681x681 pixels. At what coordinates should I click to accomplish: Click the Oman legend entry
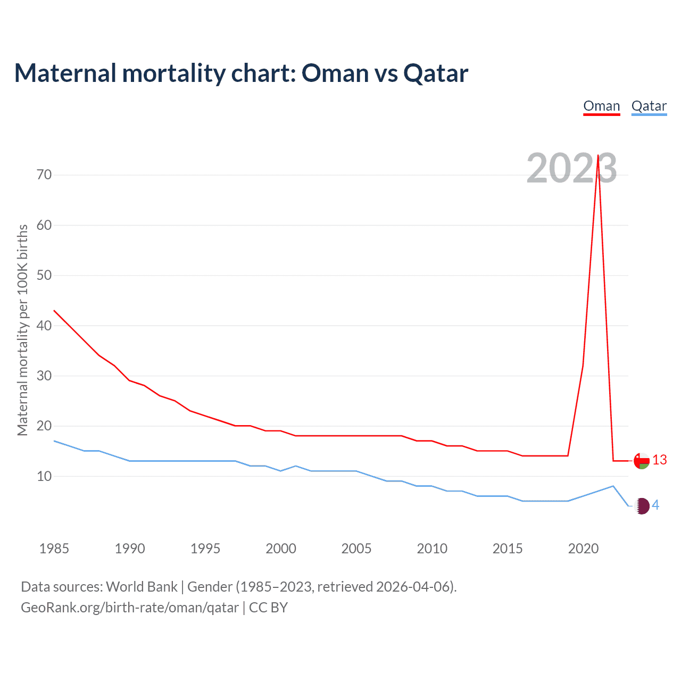pos(601,106)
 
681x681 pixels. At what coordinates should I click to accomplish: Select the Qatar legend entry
pos(649,106)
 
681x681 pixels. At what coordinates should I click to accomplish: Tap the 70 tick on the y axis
pos(44,175)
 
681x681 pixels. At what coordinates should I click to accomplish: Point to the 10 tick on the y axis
pos(44,476)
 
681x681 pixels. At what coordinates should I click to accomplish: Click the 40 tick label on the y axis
pos(44,326)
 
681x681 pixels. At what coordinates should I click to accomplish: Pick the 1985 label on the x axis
pos(54,549)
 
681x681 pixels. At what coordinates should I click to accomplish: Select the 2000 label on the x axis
pos(281,549)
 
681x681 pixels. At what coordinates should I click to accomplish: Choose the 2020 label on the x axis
pos(583,549)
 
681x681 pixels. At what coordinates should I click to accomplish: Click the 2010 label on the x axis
pos(432,549)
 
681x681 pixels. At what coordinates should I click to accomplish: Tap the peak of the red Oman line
pos(598,156)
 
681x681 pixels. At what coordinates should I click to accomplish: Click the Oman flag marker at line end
pos(642,461)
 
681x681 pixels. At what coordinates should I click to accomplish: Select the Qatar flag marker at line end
pos(642,506)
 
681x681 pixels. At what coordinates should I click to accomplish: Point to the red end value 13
pos(659,460)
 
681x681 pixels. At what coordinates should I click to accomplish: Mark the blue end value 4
pos(655,505)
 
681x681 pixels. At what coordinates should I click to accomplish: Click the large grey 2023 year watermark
pos(571,168)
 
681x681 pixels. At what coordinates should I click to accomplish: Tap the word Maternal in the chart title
pos(65,73)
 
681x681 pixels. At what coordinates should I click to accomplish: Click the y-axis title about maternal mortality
pos(22,330)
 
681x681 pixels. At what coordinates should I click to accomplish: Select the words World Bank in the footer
pos(142,587)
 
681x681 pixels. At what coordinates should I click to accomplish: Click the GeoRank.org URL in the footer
pos(129,608)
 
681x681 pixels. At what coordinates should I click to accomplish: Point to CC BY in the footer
pos(268,608)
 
